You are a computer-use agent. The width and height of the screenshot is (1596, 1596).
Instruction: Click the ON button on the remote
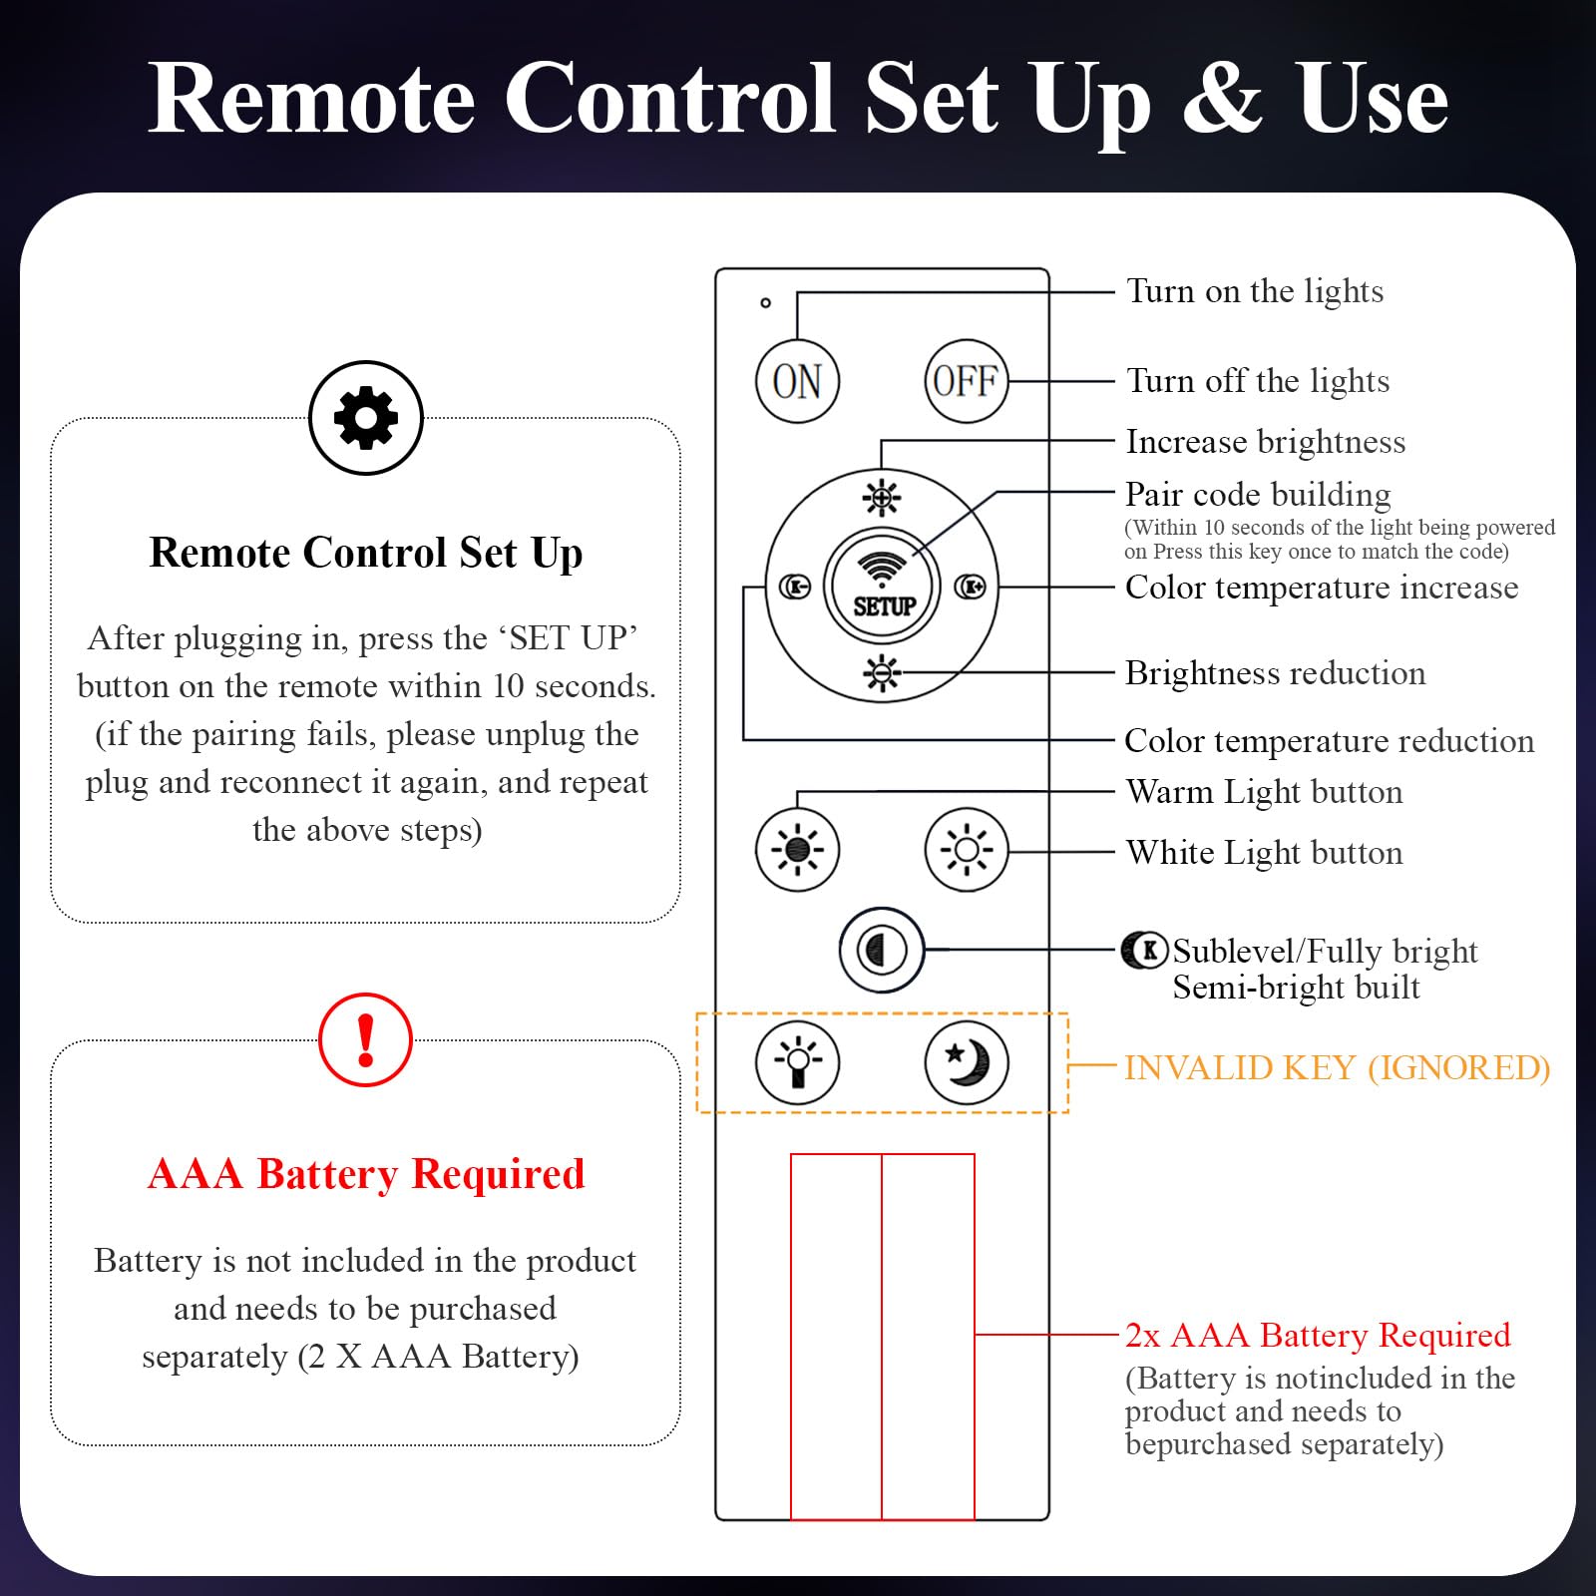(x=797, y=381)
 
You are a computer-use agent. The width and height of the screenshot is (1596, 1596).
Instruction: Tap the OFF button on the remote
(x=966, y=381)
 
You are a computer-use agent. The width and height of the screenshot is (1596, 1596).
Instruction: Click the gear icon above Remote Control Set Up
(x=366, y=418)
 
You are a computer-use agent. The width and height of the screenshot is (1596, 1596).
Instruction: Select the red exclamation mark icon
(x=365, y=1039)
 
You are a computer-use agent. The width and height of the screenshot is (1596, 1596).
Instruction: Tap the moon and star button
(x=966, y=1063)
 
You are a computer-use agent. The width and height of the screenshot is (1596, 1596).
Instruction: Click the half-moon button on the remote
(x=882, y=950)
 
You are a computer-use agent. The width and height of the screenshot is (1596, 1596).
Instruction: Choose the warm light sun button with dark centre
(x=797, y=850)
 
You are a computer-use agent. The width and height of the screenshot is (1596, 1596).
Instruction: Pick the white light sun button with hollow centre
(x=966, y=850)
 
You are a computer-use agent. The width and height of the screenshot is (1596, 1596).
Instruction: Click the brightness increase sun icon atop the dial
(x=882, y=497)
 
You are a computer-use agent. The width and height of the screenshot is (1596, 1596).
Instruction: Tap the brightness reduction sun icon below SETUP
(x=882, y=674)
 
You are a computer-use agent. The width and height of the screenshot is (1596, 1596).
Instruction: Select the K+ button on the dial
(x=970, y=587)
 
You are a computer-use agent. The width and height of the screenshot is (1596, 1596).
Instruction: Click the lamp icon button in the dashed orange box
(x=797, y=1063)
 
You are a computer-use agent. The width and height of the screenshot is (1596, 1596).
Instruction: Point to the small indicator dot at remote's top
(x=765, y=302)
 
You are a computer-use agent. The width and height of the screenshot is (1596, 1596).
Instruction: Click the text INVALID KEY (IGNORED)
(x=1337, y=1068)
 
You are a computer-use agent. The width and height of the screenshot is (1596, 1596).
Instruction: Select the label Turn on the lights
(x=1255, y=291)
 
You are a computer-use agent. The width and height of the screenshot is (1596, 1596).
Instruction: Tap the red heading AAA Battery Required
(x=366, y=1174)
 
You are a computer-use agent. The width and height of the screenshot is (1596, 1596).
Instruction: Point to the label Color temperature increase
(x=1322, y=588)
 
